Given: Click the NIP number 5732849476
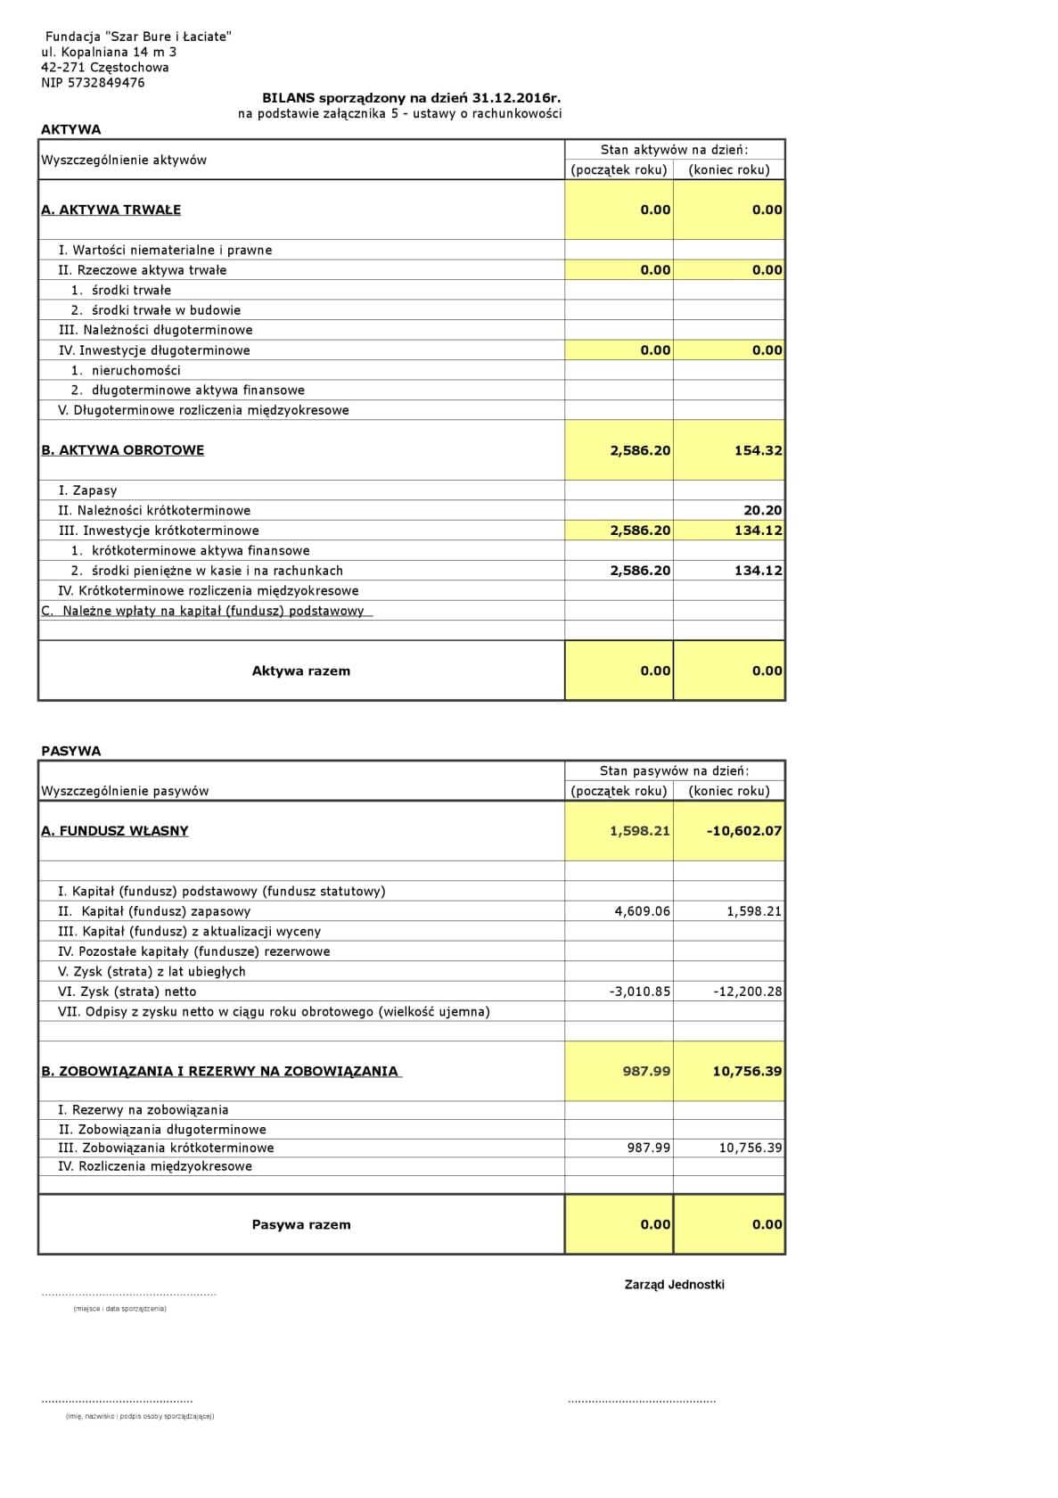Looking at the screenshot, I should (x=93, y=83).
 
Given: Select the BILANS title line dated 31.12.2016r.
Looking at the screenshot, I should (x=411, y=98).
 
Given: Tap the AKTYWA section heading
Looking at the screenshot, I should (x=71, y=129).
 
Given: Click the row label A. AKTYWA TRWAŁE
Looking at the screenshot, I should (x=111, y=210).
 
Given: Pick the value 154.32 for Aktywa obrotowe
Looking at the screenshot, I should (x=758, y=450).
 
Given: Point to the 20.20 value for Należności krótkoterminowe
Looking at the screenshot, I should (x=763, y=510).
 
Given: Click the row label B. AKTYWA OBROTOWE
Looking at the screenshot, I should (x=123, y=450).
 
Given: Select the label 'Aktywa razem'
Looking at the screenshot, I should (x=301, y=671).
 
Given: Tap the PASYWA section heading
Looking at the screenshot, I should (x=71, y=751).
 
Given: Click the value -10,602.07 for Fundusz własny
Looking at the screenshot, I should (x=744, y=830).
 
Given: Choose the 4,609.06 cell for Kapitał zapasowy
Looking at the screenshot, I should (x=643, y=911).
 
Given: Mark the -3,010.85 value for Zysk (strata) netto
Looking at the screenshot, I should (x=640, y=992).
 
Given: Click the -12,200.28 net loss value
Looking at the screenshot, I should (x=748, y=992).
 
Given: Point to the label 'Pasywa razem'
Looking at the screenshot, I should (x=301, y=1224).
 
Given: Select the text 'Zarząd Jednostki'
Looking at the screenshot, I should (x=675, y=1284).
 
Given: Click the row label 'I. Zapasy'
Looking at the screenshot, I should (x=88, y=490).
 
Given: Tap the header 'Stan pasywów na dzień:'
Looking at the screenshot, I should (x=675, y=770).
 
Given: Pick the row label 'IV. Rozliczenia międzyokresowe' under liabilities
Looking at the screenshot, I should (x=155, y=1166).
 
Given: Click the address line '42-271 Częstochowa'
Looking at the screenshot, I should (x=105, y=67).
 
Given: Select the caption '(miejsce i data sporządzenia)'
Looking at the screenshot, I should (x=119, y=1308).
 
